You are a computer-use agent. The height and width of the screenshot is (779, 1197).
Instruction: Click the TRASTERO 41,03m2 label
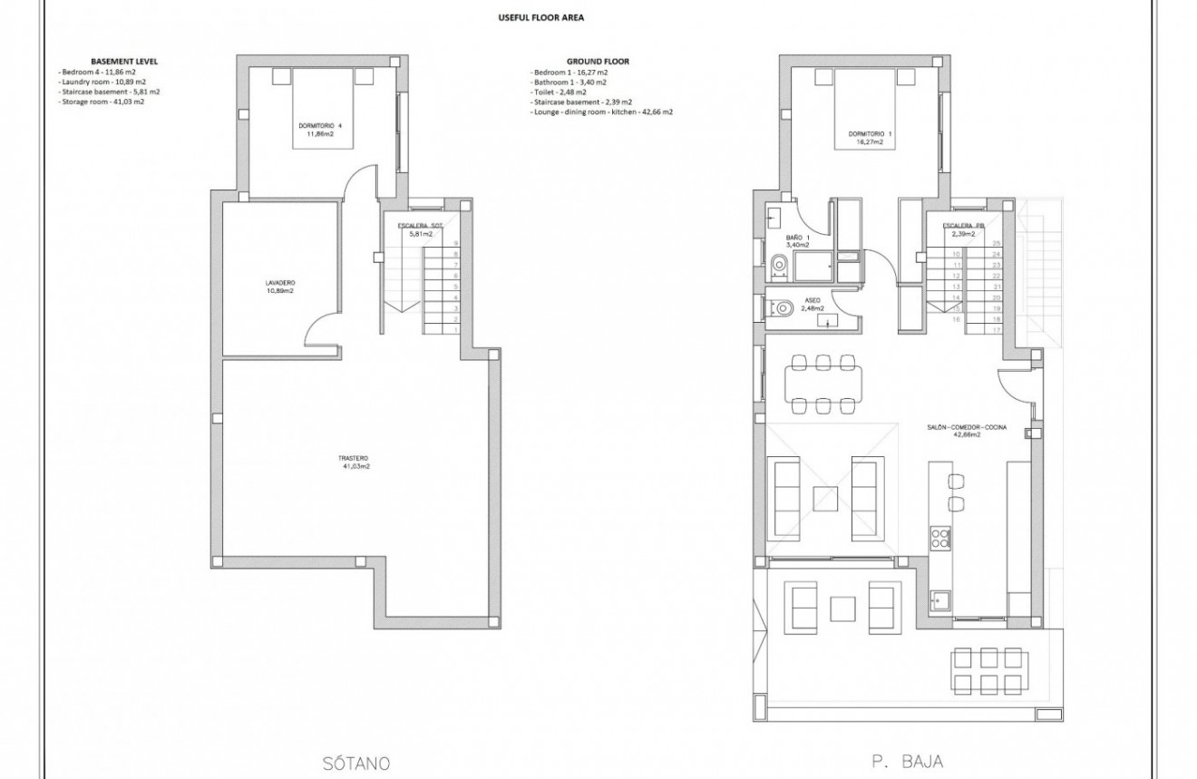[355, 462]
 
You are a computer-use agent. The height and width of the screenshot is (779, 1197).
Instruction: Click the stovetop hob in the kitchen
[939, 539]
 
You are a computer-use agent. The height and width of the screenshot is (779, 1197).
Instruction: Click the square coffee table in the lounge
[824, 500]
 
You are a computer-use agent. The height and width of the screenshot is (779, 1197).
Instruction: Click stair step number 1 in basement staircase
[455, 331]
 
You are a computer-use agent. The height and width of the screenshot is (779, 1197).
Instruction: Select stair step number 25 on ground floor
[997, 243]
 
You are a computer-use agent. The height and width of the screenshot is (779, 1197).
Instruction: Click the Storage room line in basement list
[101, 102]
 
